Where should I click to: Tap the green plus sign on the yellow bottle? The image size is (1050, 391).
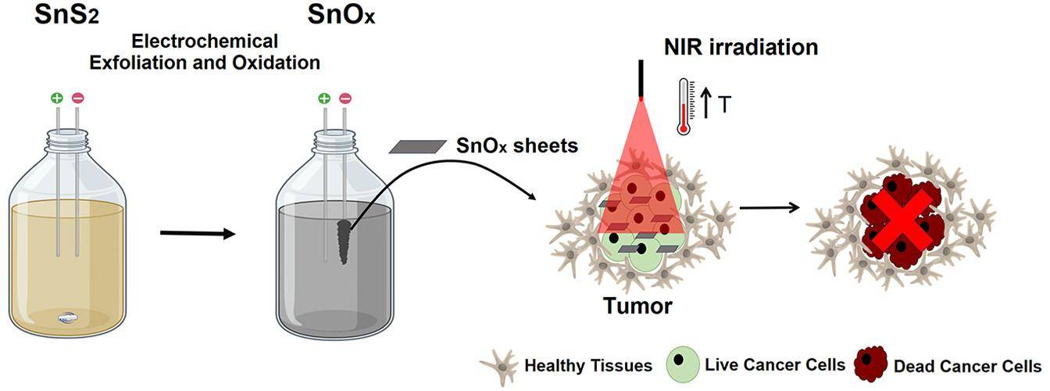[56, 99]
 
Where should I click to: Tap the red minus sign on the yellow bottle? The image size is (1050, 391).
[77, 99]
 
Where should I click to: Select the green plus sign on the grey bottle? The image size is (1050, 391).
[323, 99]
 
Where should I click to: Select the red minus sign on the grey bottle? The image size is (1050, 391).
[345, 99]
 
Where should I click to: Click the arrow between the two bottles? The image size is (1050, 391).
[197, 233]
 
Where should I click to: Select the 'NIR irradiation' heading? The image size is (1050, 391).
[741, 48]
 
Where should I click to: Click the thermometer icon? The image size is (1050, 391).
[685, 106]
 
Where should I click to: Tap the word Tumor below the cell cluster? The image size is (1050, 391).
[637, 305]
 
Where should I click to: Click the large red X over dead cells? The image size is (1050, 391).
[899, 221]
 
